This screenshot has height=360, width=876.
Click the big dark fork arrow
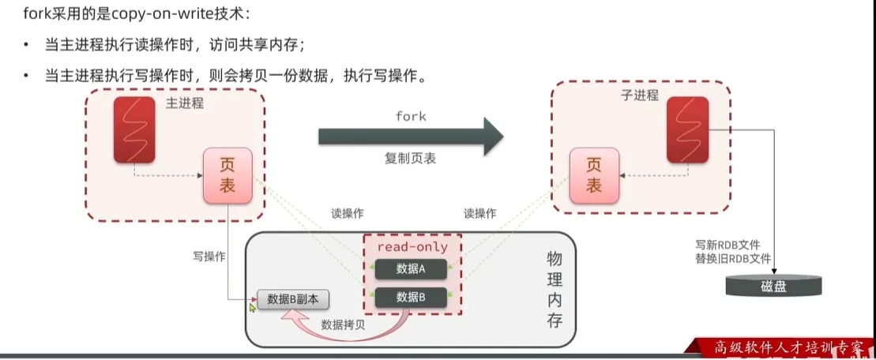[x=410, y=135]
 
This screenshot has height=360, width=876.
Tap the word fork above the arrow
[x=410, y=116]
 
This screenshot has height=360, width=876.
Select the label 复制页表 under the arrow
[x=410, y=158]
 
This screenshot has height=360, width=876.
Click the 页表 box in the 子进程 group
[x=594, y=175]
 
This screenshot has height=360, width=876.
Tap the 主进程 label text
[x=185, y=103]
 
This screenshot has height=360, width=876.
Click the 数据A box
[x=411, y=269]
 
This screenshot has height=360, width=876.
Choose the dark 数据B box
[x=411, y=298]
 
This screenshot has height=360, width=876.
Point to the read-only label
[x=412, y=246]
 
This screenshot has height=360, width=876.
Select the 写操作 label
[x=209, y=257]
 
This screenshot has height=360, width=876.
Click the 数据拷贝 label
[x=343, y=324]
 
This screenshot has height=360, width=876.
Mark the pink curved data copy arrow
[x=348, y=332]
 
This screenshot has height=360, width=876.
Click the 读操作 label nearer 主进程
[x=348, y=213]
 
